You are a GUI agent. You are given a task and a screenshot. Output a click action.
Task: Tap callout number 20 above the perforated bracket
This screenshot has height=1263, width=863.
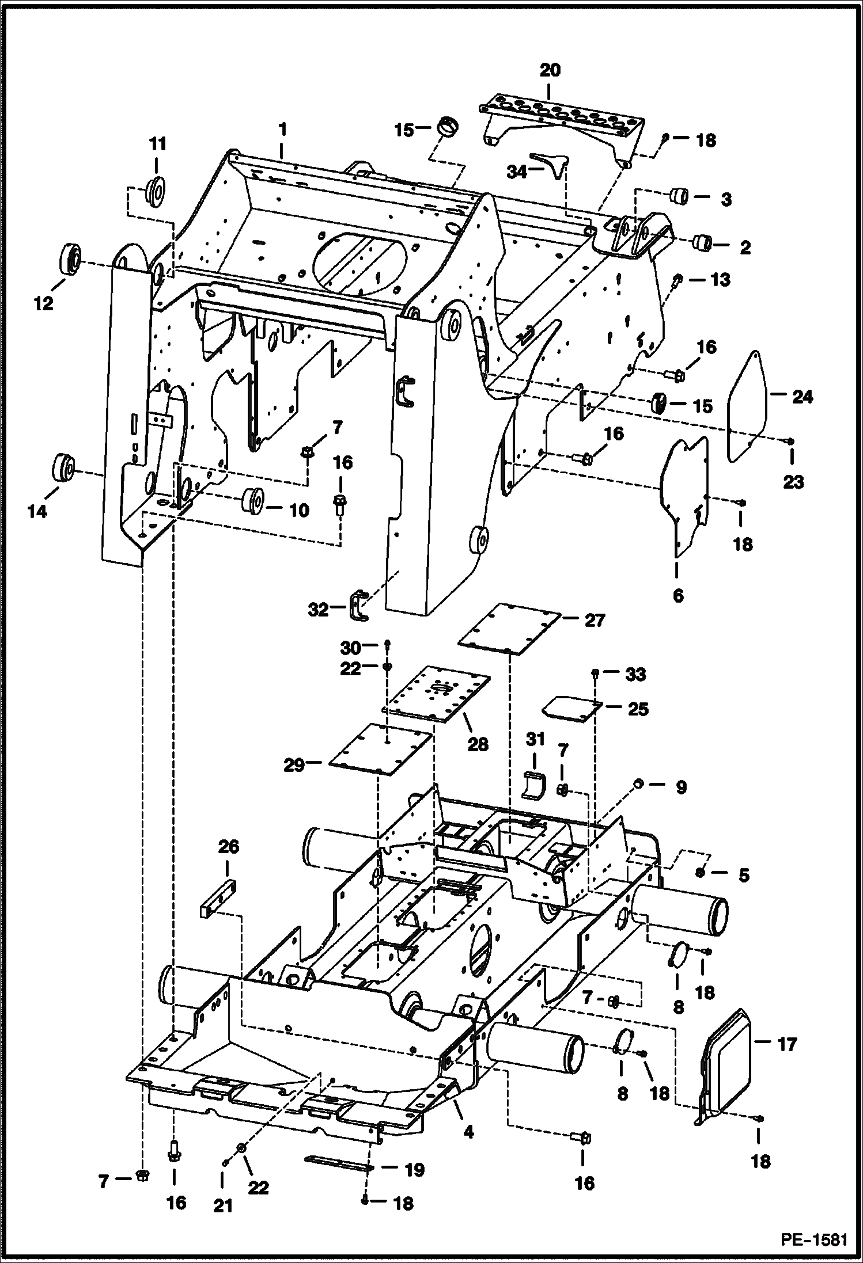coord(550,71)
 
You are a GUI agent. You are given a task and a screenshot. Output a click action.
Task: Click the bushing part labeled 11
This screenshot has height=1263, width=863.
coord(156,191)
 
